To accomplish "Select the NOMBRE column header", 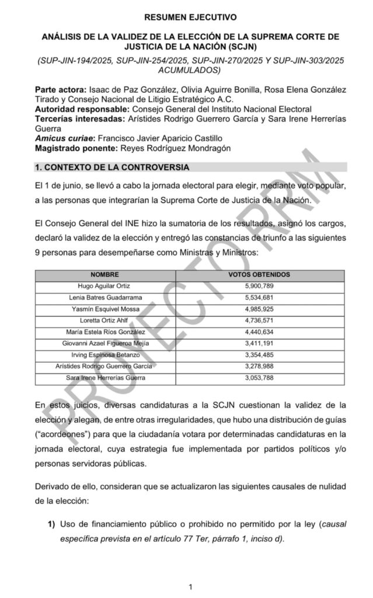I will click(105, 274).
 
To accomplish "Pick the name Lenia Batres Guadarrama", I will click(105, 297).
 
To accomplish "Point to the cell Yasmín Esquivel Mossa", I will click(105, 309).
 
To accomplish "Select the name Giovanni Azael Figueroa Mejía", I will click(105, 343).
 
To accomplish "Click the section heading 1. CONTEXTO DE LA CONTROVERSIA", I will click(111, 168).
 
